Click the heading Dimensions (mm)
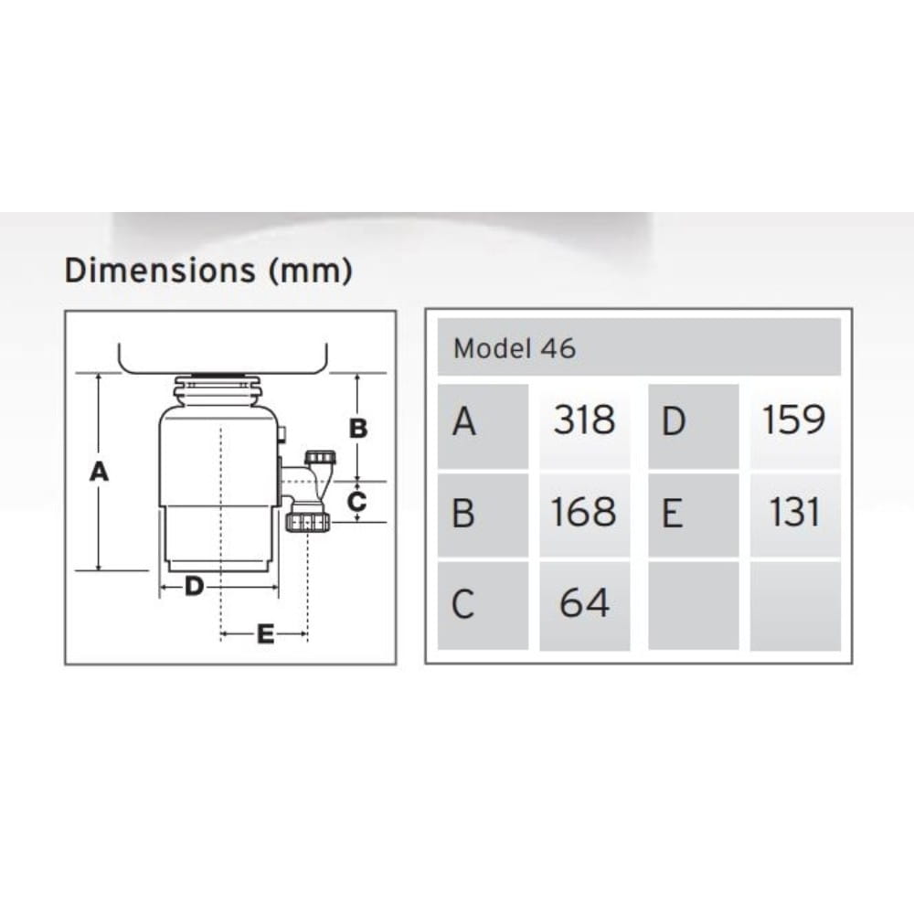(x=208, y=271)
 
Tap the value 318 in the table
(x=584, y=420)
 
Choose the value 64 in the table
(x=584, y=602)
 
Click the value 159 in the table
(x=794, y=420)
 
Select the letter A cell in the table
(x=484, y=426)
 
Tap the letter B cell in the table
(x=484, y=515)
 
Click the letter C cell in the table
(x=484, y=606)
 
